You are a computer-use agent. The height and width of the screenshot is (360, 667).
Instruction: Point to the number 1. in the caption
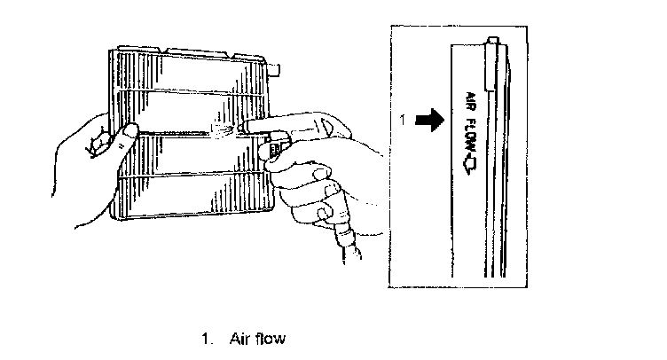coord(207,338)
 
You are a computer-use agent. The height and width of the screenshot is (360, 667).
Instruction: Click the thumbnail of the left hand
coord(129,132)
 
